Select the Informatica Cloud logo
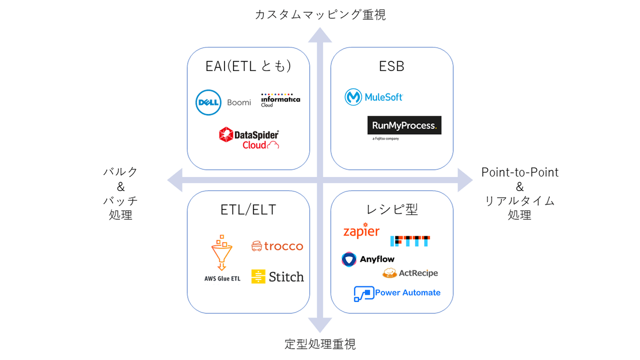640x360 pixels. [x=280, y=100]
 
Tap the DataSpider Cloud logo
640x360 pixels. [x=249, y=138]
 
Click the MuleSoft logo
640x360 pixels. [x=374, y=97]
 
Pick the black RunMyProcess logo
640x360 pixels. [x=404, y=125]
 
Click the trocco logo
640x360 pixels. [x=277, y=246]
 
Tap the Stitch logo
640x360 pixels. [x=277, y=276]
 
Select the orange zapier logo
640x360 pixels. [x=362, y=231]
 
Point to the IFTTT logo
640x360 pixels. [x=410, y=241]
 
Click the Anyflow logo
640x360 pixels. [x=368, y=259]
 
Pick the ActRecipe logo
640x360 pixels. [x=410, y=273]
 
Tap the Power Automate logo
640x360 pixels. [x=397, y=293]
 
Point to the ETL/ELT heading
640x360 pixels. [x=248, y=210]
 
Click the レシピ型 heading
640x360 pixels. [x=391, y=209]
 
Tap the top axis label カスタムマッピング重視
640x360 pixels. [x=320, y=14]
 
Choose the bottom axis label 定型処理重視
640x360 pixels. [x=320, y=344]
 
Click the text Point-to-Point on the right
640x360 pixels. [x=519, y=172]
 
